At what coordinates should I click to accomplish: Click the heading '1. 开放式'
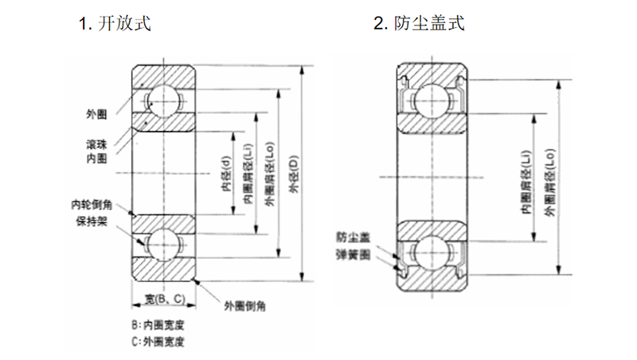coord(115,23)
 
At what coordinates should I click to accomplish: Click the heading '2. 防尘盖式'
coord(419,23)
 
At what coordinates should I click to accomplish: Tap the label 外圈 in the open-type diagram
coord(96,114)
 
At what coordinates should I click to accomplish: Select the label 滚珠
coord(96,145)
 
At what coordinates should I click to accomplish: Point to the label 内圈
coord(96,158)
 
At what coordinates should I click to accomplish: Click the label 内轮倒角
coord(92,205)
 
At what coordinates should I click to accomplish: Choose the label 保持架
coord(92,221)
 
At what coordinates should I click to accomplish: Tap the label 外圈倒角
coord(245,306)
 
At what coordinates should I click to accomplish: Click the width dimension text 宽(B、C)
coord(165,299)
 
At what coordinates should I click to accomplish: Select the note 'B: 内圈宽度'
coord(158,325)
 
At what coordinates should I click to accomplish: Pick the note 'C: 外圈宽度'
coord(158,342)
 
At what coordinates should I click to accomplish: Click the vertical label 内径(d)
coord(226,173)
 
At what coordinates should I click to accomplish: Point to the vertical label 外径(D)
coord(294,174)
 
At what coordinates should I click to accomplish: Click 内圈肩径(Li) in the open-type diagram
coord(248,174)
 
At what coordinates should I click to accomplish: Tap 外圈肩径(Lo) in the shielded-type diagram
coord(549,182)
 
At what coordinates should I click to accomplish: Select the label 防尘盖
coord(353,237)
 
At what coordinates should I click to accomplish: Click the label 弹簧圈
coord(353,255)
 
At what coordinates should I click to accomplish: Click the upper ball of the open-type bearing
coord(163,100)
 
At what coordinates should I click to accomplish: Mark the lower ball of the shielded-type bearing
coord(431,252)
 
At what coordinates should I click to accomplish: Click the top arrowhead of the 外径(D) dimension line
coord(302,70)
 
